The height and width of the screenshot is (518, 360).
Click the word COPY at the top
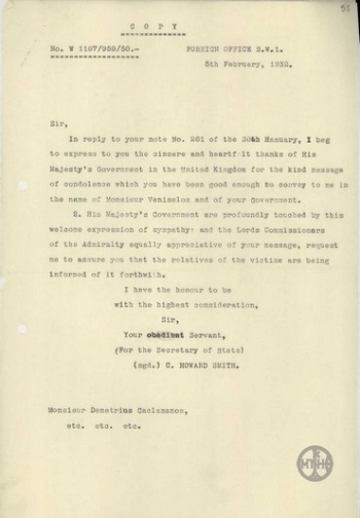pyautogui.click(x=179, y=31)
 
